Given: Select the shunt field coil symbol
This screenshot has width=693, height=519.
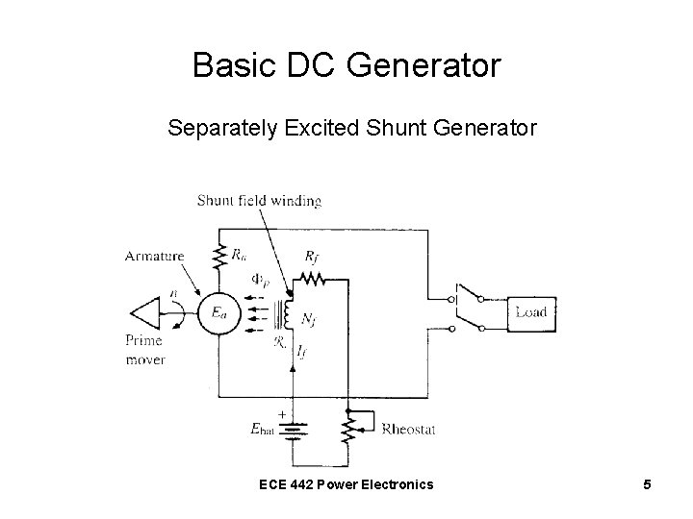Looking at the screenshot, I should pos(286,313).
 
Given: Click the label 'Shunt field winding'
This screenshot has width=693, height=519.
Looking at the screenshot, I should pos(259,200).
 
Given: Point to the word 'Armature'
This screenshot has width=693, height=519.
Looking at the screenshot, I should pos(153,255).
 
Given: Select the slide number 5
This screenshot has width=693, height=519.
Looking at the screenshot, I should pos(648,484).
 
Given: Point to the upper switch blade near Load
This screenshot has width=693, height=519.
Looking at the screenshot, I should pos(470,292).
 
